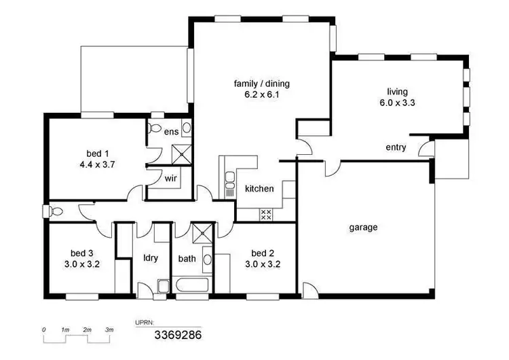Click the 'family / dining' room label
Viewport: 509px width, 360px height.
261,84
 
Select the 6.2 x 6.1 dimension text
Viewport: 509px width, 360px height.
261,95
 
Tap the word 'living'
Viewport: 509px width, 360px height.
398,92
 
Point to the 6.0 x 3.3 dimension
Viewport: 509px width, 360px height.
398,103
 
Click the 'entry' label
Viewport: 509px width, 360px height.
396,147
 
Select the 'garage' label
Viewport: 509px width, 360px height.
363,228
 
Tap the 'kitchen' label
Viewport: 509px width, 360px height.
259,189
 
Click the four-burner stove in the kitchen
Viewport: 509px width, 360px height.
266,215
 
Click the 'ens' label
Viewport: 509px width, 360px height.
172,132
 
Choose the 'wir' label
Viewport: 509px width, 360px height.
170,179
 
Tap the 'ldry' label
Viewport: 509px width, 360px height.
151,258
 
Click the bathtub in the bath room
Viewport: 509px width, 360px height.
192,285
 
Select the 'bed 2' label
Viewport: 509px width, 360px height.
261,253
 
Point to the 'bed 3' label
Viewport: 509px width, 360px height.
81,253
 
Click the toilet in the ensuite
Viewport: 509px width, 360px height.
155,128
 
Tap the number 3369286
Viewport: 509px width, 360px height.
178,335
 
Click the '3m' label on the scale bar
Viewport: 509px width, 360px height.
109,329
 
